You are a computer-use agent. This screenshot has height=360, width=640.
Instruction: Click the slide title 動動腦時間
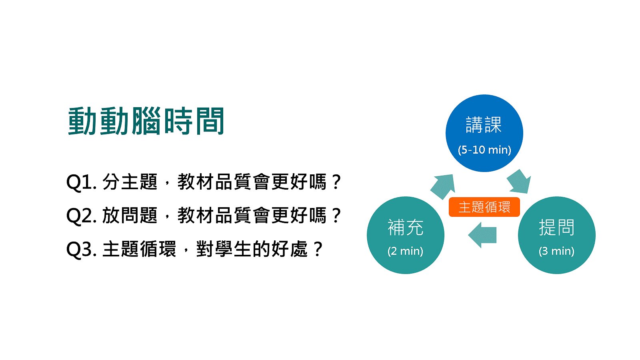[x=146, y=121]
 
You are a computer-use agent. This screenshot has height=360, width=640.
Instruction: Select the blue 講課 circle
[x=484, y=133]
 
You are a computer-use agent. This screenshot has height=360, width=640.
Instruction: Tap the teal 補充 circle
[x=406, y=235]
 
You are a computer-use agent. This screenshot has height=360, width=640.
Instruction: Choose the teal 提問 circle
[x=556, y=235]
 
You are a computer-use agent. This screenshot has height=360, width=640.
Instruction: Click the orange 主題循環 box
[x=484, y=207]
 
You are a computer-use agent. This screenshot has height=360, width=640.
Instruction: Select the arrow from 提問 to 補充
[x=482, y=235]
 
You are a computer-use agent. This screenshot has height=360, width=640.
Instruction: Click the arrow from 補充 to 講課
[x=443, y=186]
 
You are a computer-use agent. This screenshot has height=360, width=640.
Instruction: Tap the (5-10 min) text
[x=484, y=150]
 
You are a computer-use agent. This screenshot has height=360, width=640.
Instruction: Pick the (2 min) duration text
[x=405, y=251]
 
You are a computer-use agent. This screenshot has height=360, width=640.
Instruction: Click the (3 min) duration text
[x=556, y=251]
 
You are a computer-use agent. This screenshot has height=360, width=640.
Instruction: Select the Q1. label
[x=81, y=182]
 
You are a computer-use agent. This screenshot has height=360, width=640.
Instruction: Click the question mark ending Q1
[x=336, y=182]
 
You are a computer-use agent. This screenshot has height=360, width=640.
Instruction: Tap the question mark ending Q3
[x=318, y=249]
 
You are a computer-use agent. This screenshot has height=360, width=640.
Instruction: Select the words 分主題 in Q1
[x=130, y=182]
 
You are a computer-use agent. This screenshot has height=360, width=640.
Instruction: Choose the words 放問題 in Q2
[x=130, y=216]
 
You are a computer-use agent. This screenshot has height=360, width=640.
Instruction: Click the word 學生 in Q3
[x=233, y=249]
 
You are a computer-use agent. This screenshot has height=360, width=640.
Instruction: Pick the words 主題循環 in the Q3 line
[x=139, y=249]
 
